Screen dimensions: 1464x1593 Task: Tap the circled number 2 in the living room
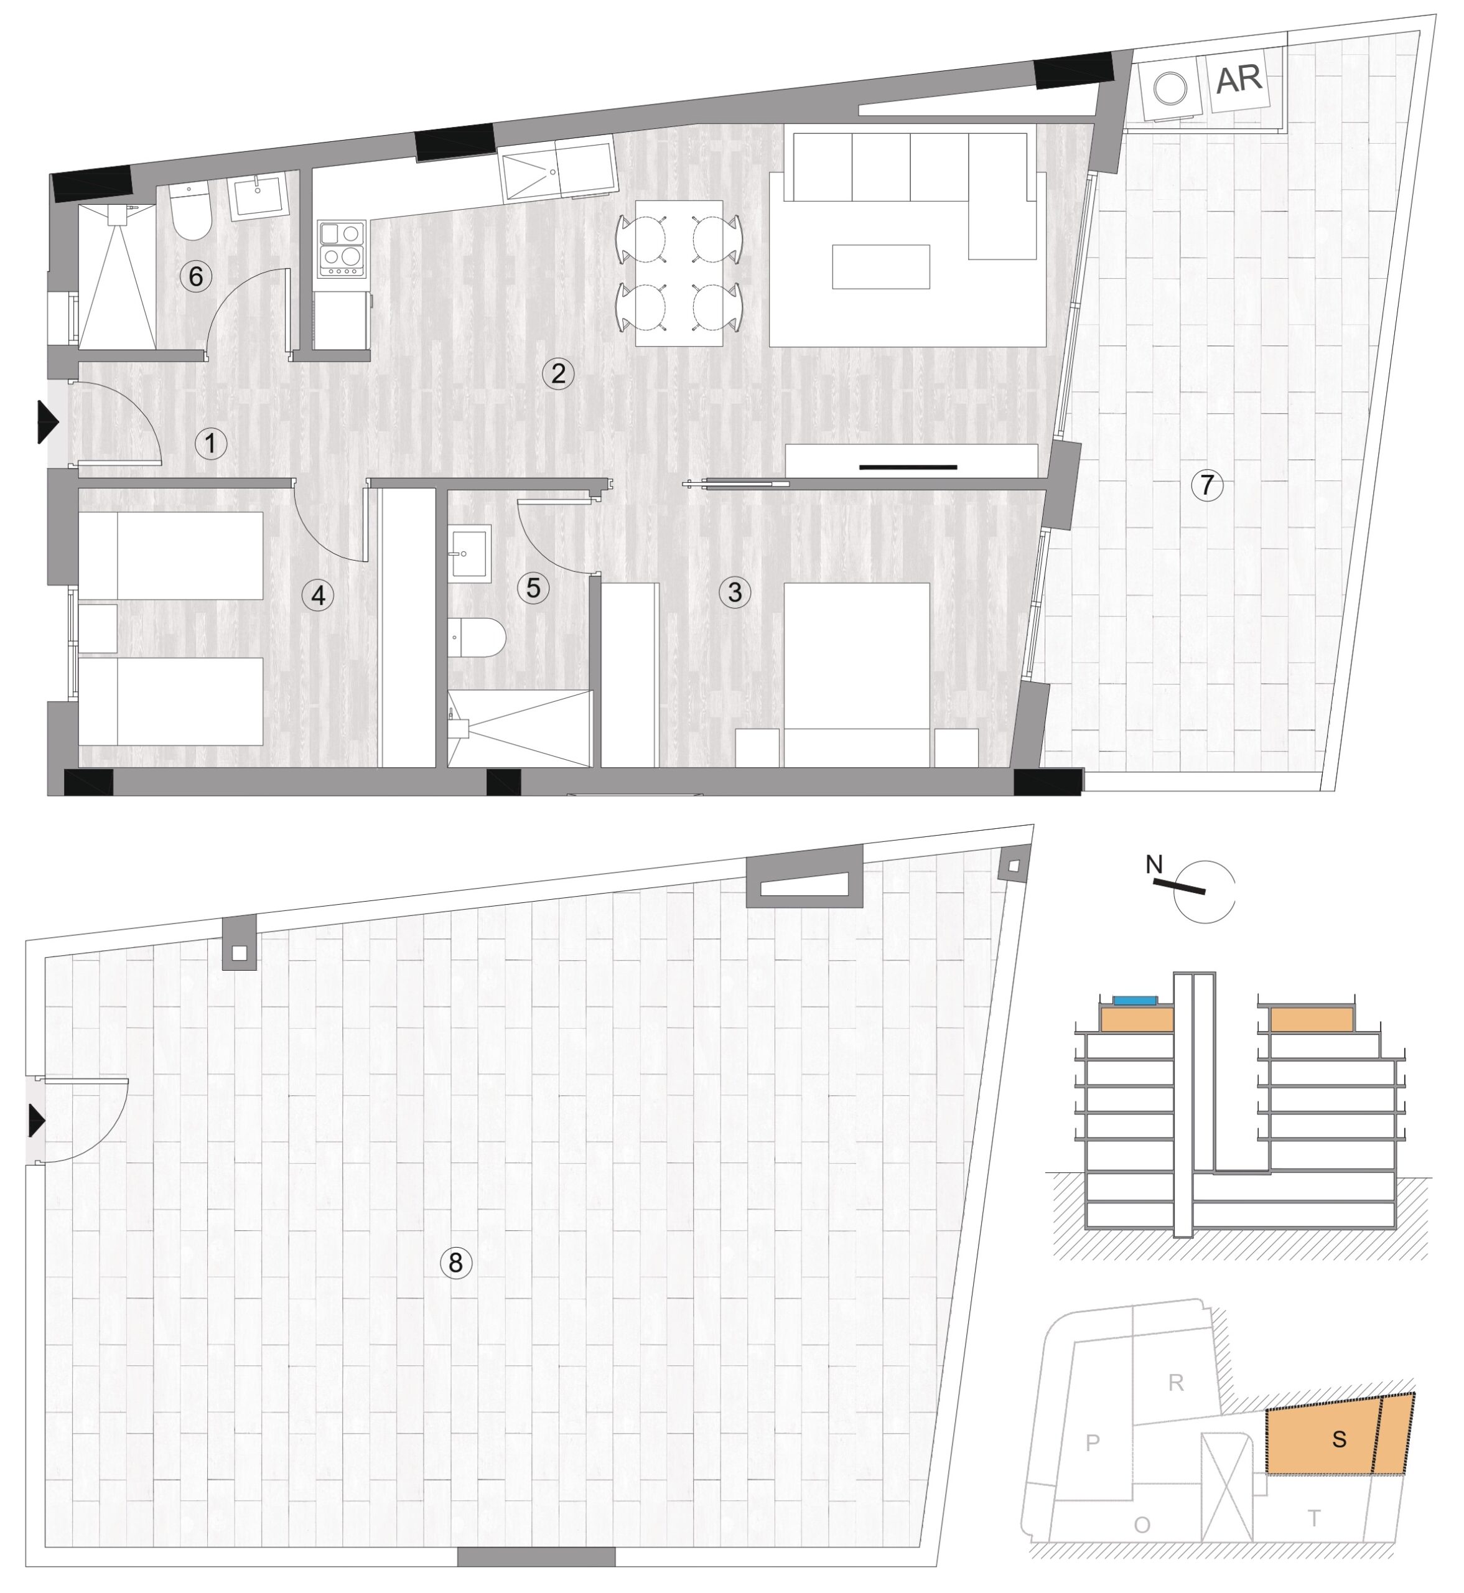coord(559,373)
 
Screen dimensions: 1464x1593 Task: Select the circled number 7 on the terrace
coord(1207,484)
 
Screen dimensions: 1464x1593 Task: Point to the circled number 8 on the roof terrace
coord(455,1262)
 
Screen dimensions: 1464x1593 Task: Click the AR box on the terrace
coord(1238,79)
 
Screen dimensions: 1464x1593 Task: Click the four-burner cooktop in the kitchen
coord(342,249)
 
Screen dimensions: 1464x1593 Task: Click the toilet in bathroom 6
coord(191,212)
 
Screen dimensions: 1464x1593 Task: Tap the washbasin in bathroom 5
coord(469,553)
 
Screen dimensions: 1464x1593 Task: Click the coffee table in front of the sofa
coord(881,266)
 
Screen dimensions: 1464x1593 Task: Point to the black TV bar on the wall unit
coord(908,467)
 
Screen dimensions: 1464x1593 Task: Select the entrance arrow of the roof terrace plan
coord(37,1121)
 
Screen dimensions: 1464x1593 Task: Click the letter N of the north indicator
coord(1154,864)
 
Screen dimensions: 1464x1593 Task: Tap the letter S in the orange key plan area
coord(1339,1439)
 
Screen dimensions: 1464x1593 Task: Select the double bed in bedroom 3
coord(856,675)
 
